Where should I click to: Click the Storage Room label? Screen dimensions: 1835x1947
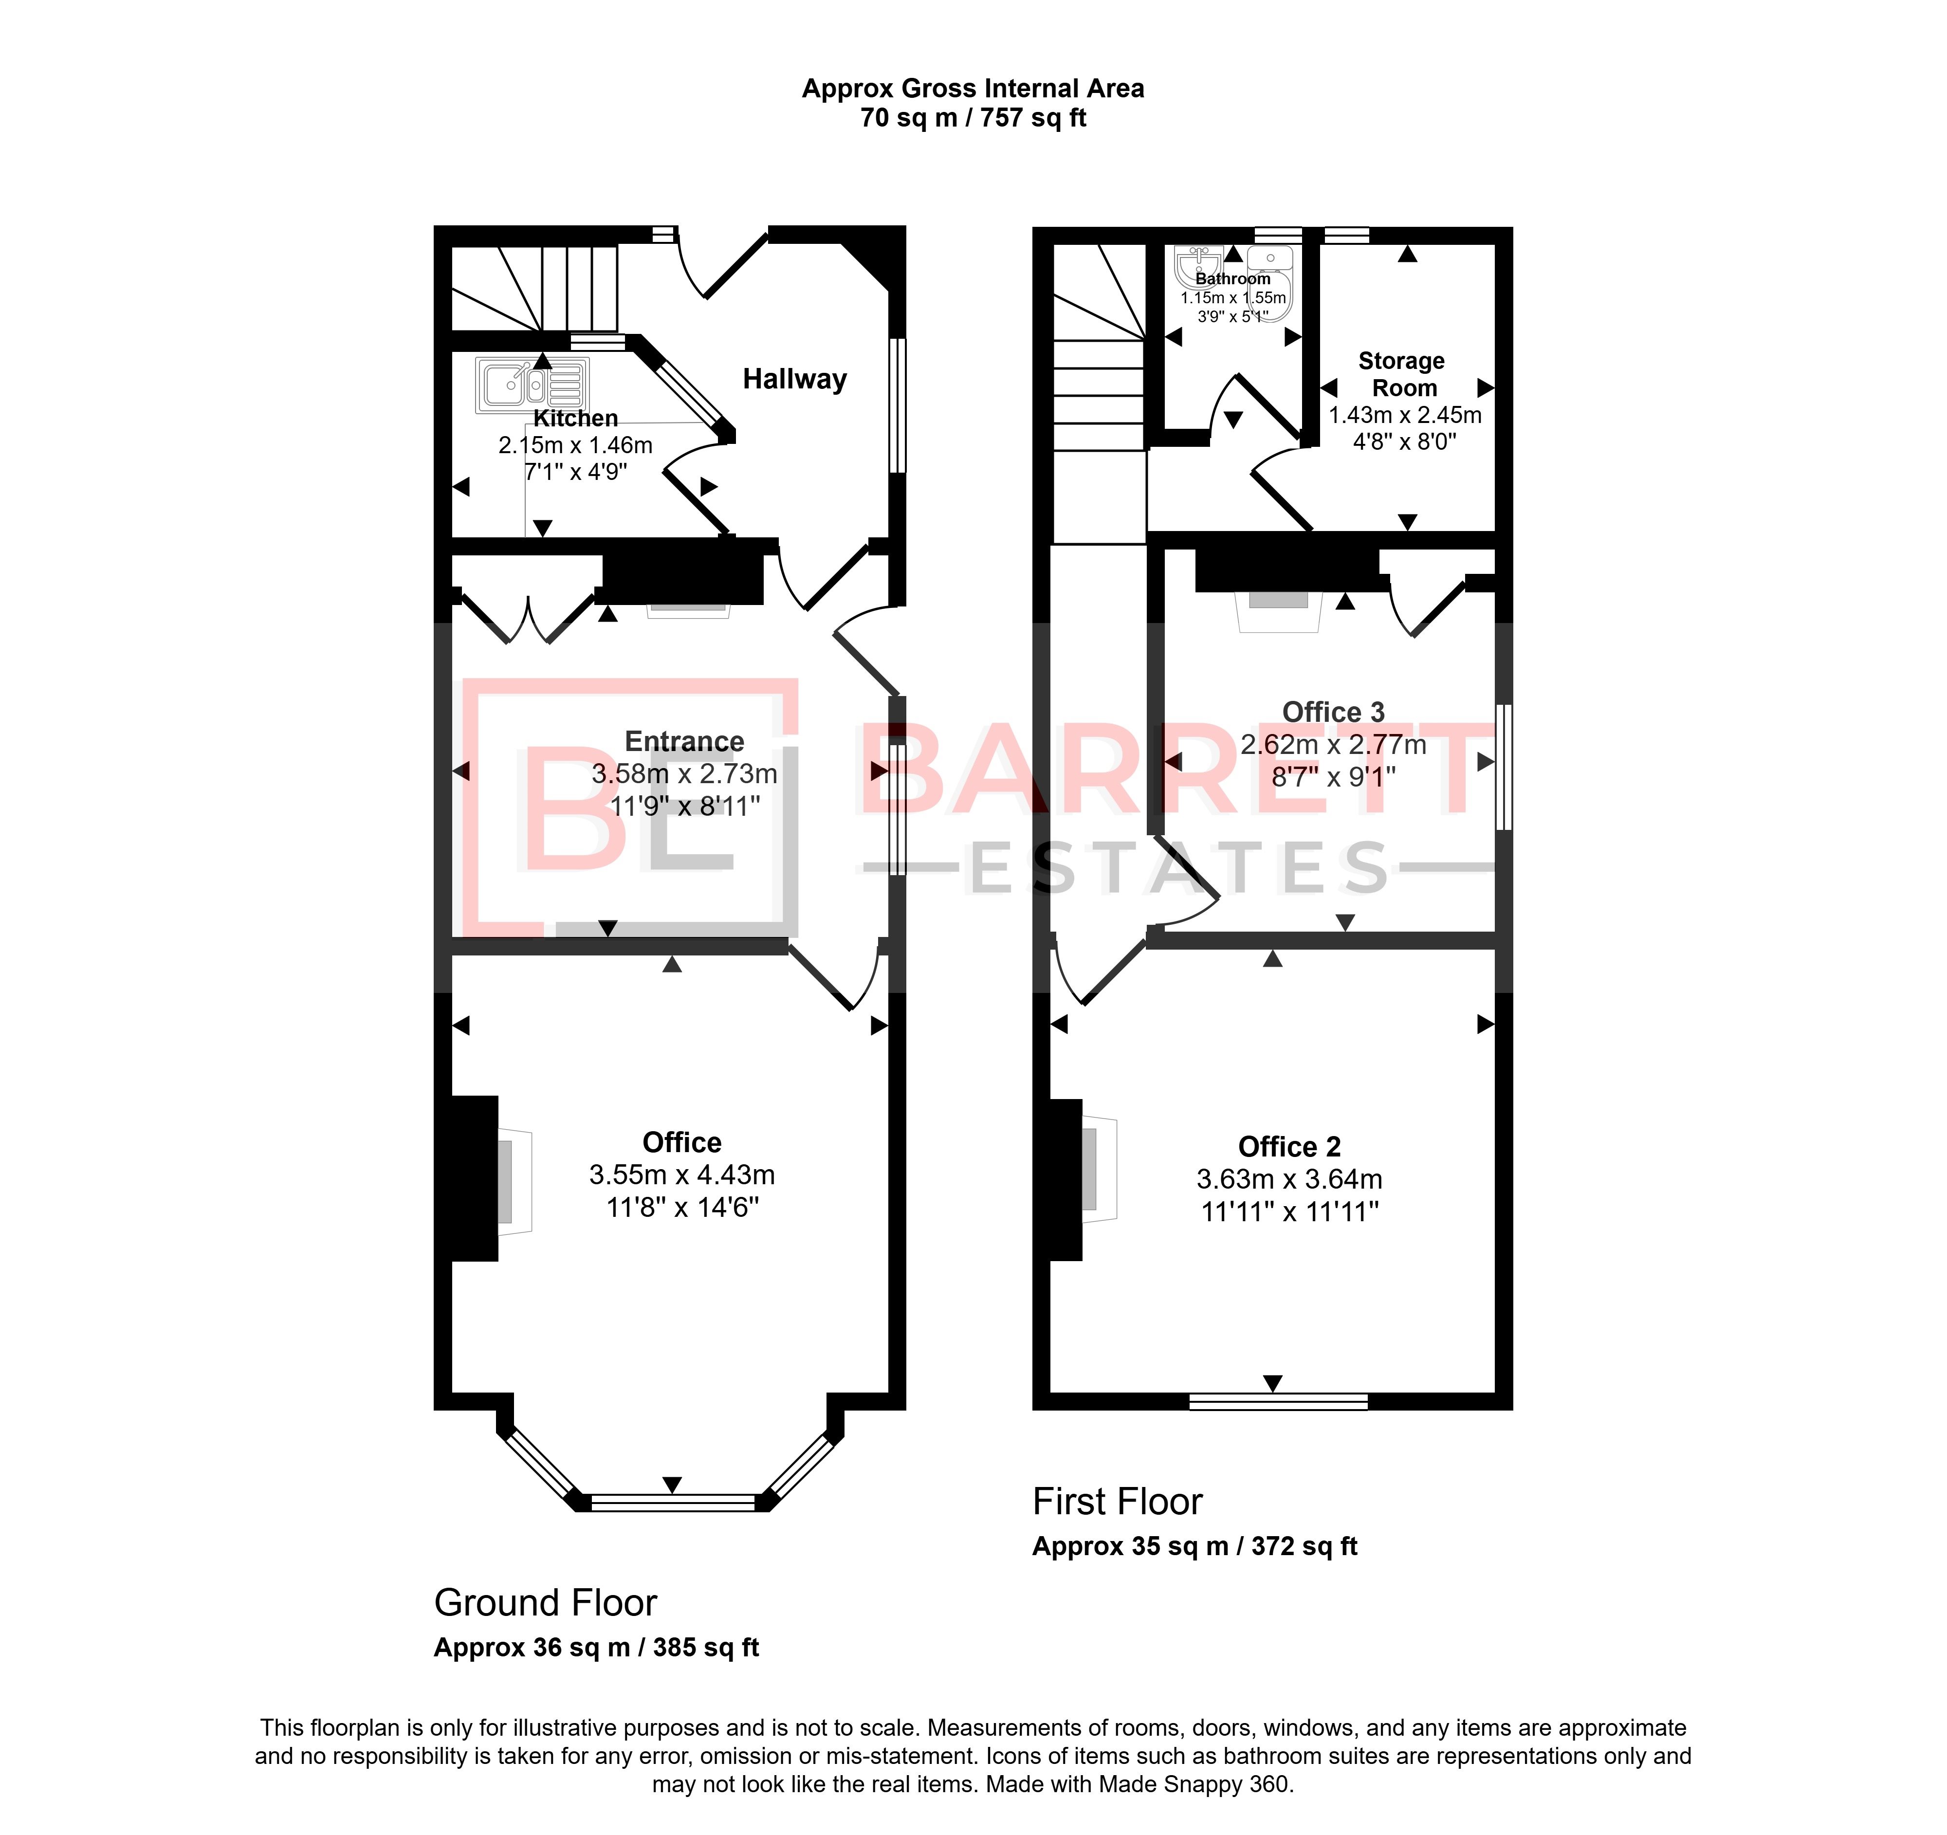pyautogui.click(x=1401, y=374)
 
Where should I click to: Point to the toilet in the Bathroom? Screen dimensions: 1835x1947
pyautogui.click(x=1270, y=284)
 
